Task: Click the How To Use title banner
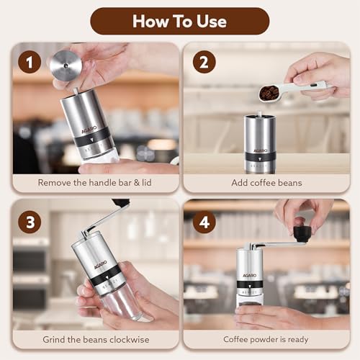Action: coord(180,21)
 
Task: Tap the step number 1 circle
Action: coord(30,63)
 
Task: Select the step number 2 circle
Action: coord(204,63)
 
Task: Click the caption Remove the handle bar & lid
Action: coord(96,183)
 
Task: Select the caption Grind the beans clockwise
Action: coord(96,340)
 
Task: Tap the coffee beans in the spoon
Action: coord(269,92)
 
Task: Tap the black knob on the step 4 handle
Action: coord(302,233)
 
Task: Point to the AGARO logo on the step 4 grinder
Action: coord(248,275)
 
